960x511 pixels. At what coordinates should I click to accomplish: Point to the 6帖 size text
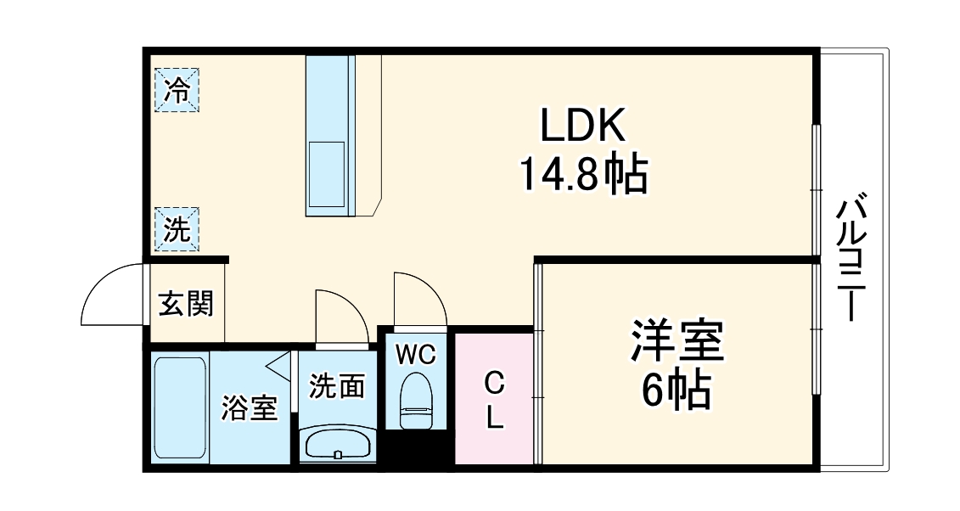tap(676, 390)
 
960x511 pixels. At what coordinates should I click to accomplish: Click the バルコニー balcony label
tap(852, 258)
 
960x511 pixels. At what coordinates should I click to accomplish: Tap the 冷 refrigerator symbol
tap(177, 89)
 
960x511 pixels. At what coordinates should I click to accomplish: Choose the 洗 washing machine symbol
tap(177, 229)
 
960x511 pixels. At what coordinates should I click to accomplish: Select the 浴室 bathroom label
tap(249, 408)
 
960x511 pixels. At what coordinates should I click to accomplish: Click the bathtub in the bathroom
tap(180, 407)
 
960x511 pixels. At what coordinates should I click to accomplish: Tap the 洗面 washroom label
tap(336, 386)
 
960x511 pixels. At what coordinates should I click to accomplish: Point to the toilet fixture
tap(416, 399)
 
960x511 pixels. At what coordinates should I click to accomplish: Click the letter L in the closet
tap(494, 418)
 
